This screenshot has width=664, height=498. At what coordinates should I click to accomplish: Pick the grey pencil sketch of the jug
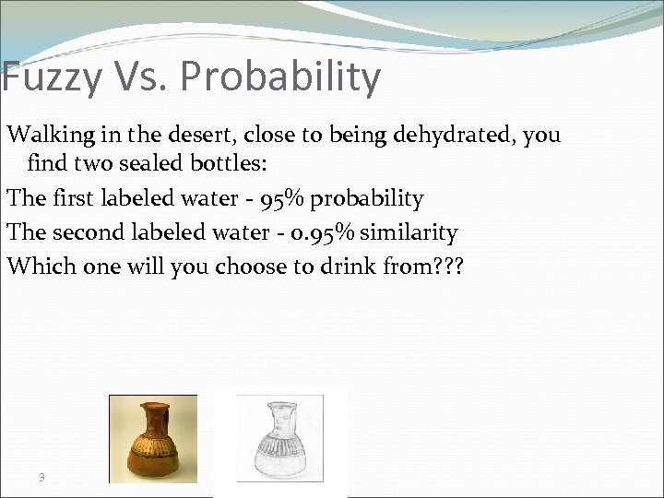click(280, 439)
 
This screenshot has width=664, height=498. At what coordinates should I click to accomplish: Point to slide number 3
click(42, 477)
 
